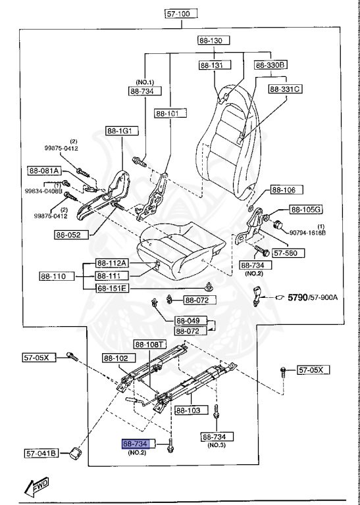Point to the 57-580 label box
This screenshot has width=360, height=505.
point(286,251)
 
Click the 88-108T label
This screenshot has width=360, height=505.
point(150,344)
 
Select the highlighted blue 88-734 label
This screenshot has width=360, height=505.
point(136,444)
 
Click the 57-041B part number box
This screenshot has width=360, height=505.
point(41,453)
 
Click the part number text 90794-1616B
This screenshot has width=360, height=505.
point(308,233)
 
